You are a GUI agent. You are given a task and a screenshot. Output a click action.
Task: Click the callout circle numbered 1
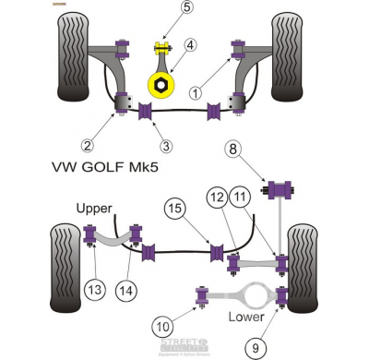(196, 92)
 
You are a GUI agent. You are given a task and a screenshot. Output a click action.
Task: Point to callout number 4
(190, 43)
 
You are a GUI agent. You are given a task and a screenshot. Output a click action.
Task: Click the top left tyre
(73, 57)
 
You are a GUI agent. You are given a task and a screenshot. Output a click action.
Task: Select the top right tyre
(289, 57)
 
